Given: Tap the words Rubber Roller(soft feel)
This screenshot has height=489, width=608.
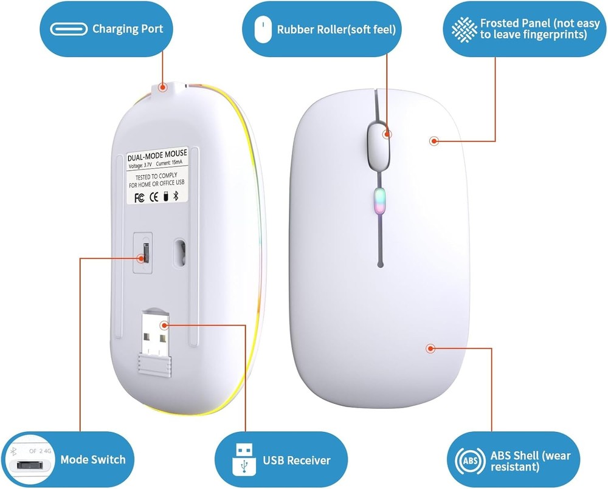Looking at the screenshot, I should (x=336, y=29).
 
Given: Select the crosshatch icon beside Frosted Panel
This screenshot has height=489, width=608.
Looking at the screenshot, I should (x=464, y=29).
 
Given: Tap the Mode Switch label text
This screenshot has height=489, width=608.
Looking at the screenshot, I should (x=93, y=460).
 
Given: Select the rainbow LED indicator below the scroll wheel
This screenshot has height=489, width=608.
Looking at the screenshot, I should (x=379, y=200).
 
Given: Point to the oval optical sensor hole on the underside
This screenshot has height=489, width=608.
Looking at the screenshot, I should (x=180, y=250).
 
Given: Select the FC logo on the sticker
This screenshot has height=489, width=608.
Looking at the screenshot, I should (x=138, y=197).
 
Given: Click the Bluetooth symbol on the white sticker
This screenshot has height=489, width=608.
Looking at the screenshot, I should (x=176, y=196).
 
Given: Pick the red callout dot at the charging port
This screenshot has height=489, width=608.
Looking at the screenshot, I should (x=162, y=87).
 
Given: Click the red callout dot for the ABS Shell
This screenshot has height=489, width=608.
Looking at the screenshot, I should (x=430, y=349).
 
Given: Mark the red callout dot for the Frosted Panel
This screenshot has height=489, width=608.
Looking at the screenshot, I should (x=434, y=141).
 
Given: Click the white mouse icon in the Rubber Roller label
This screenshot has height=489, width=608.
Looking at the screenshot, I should (x=263, y=29).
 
